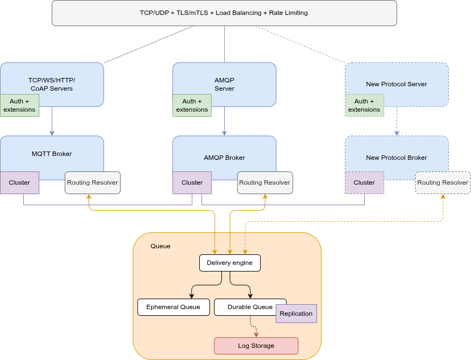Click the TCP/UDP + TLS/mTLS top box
pyautogui.click(x=224, y=13)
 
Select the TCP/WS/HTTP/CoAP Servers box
pyautogui.click(x=51, y=80)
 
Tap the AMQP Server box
pyautogui.click(x=224, y=80)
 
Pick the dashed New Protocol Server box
pyautogui.click(x=396, y=84)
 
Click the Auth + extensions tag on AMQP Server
pyautogui.click(x=191, y=105)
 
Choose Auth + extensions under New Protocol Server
pyautogui.click(x=364, y=105)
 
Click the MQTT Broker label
pyautogui.click(x=51, y=154)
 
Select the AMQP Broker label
pyautogui.click(x=224, y=158)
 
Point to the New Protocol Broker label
pyautogui.click(x=396, y=158)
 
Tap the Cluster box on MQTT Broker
pyautogui.click(x=19, y=182)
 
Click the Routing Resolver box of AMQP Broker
pyautogui.click(x=265, y=182)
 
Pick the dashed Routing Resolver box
pyautogui.click(x=443, y=182)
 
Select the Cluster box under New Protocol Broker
pyautogui.click(x=364, y=182)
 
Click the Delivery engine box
pyautogui.click(x=230, y=263)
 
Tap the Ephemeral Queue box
pyautogui.click(x=173, y=307)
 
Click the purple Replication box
pyautogui.click(x=296, y=314)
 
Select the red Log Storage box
pyautogui.click(x=256, y=346)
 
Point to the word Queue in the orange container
pyautogui.click(x=161, y=246)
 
